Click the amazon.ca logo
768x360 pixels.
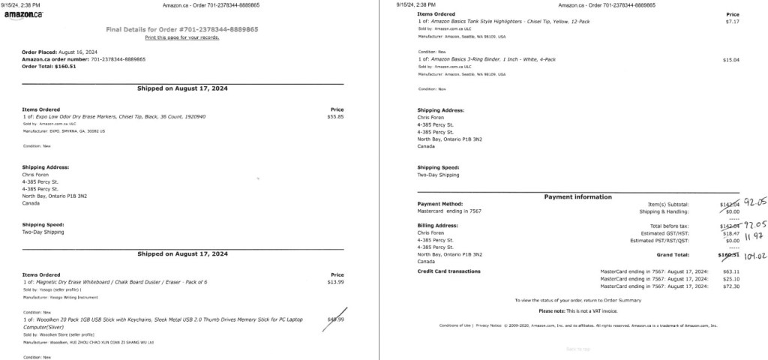coord(28,15)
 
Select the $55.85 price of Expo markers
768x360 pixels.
coord(336,117)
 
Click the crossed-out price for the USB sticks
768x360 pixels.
coord(336,320)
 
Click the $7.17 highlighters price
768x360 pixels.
coord(733,21)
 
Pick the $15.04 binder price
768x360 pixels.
coord(731,59)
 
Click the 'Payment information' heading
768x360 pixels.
coord(577,197)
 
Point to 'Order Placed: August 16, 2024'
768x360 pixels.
coord(60,52)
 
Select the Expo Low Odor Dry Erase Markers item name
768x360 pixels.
coord(121,117)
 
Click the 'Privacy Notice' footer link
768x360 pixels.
coord(488,326)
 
